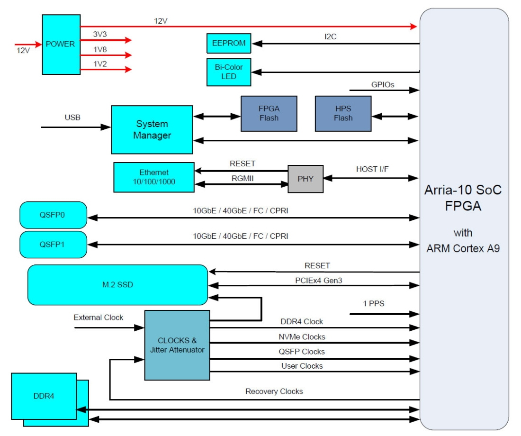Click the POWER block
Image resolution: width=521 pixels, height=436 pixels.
61,45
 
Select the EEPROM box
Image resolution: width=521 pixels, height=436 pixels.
229,43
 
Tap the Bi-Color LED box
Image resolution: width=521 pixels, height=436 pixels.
229,72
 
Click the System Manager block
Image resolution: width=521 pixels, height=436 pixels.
152,129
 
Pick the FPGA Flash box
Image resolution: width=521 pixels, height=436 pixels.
269,113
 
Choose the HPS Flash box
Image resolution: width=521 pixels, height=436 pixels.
343,113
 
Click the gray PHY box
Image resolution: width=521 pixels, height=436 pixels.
305,179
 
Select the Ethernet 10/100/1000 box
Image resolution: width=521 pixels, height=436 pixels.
154,177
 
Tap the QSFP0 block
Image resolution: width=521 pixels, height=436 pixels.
53,215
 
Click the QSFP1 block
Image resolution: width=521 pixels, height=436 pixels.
53,245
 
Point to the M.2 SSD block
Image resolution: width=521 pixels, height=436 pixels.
118,284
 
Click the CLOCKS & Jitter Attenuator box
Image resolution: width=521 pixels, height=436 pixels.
177,345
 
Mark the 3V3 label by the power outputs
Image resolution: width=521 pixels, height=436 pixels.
100,35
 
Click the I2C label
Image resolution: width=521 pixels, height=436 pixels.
330,36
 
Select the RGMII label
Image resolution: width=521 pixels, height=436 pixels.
243,178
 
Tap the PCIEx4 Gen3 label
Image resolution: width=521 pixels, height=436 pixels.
318,280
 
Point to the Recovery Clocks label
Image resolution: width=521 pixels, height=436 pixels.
274,391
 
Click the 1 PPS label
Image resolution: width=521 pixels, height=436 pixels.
374,303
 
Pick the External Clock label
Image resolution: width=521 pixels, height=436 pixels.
99,318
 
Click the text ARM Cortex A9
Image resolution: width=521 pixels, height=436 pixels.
463,248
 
